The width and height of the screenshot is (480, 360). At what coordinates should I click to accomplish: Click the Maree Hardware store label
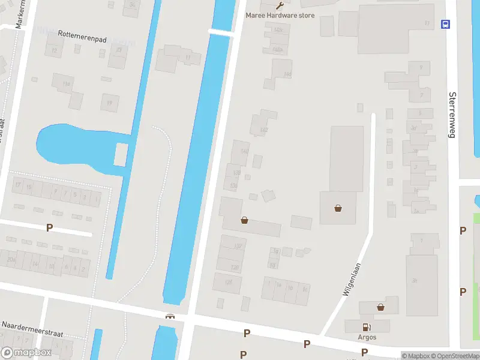coord(280,15)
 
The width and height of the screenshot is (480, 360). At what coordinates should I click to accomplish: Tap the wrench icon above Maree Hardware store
coord(280,5)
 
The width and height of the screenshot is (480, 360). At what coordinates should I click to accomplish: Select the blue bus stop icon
coord(446,24)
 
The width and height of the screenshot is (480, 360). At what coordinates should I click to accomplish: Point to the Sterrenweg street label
coord(453,115)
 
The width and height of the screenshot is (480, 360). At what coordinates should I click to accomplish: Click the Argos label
coord(367,337)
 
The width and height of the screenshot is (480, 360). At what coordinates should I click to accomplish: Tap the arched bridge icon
coord(170,316)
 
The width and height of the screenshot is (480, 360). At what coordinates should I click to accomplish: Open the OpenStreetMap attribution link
coord(453,356)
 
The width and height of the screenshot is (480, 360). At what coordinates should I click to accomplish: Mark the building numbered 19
coord(110,103)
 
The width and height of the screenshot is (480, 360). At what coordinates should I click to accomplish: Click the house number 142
coord(263,130)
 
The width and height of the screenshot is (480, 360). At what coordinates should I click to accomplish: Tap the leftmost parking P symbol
coord(49,228)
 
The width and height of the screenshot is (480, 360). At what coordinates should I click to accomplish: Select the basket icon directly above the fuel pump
coord(380,307)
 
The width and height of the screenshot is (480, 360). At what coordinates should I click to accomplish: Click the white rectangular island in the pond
coord(120,154)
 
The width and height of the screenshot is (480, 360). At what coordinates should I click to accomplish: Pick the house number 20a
coord(11,259)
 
